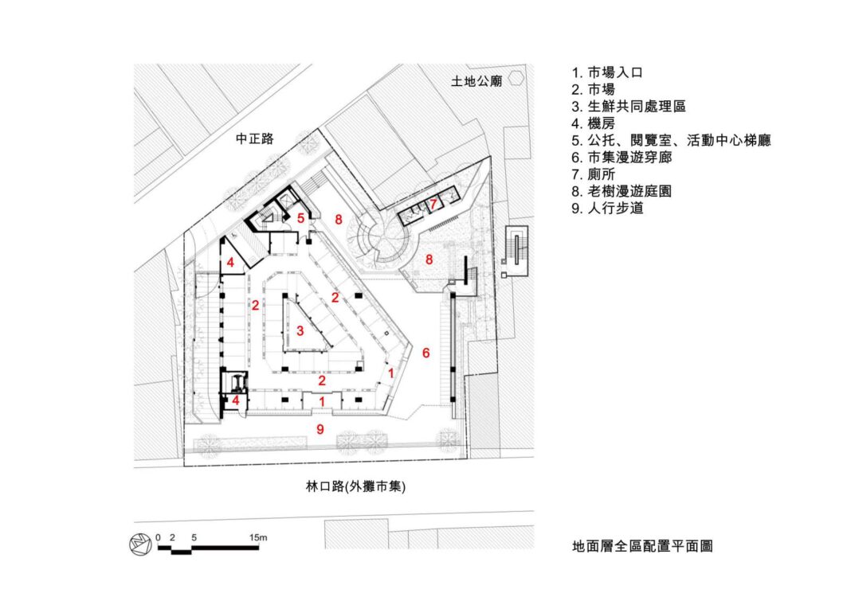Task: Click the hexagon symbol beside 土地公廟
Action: coord(517,78)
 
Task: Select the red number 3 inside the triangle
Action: coord(300,330)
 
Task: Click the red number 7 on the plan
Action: coord(432,204)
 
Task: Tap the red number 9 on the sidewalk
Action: coord(320,429)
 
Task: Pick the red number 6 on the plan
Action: coord(425,353)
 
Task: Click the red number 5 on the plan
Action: coord(300,217)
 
